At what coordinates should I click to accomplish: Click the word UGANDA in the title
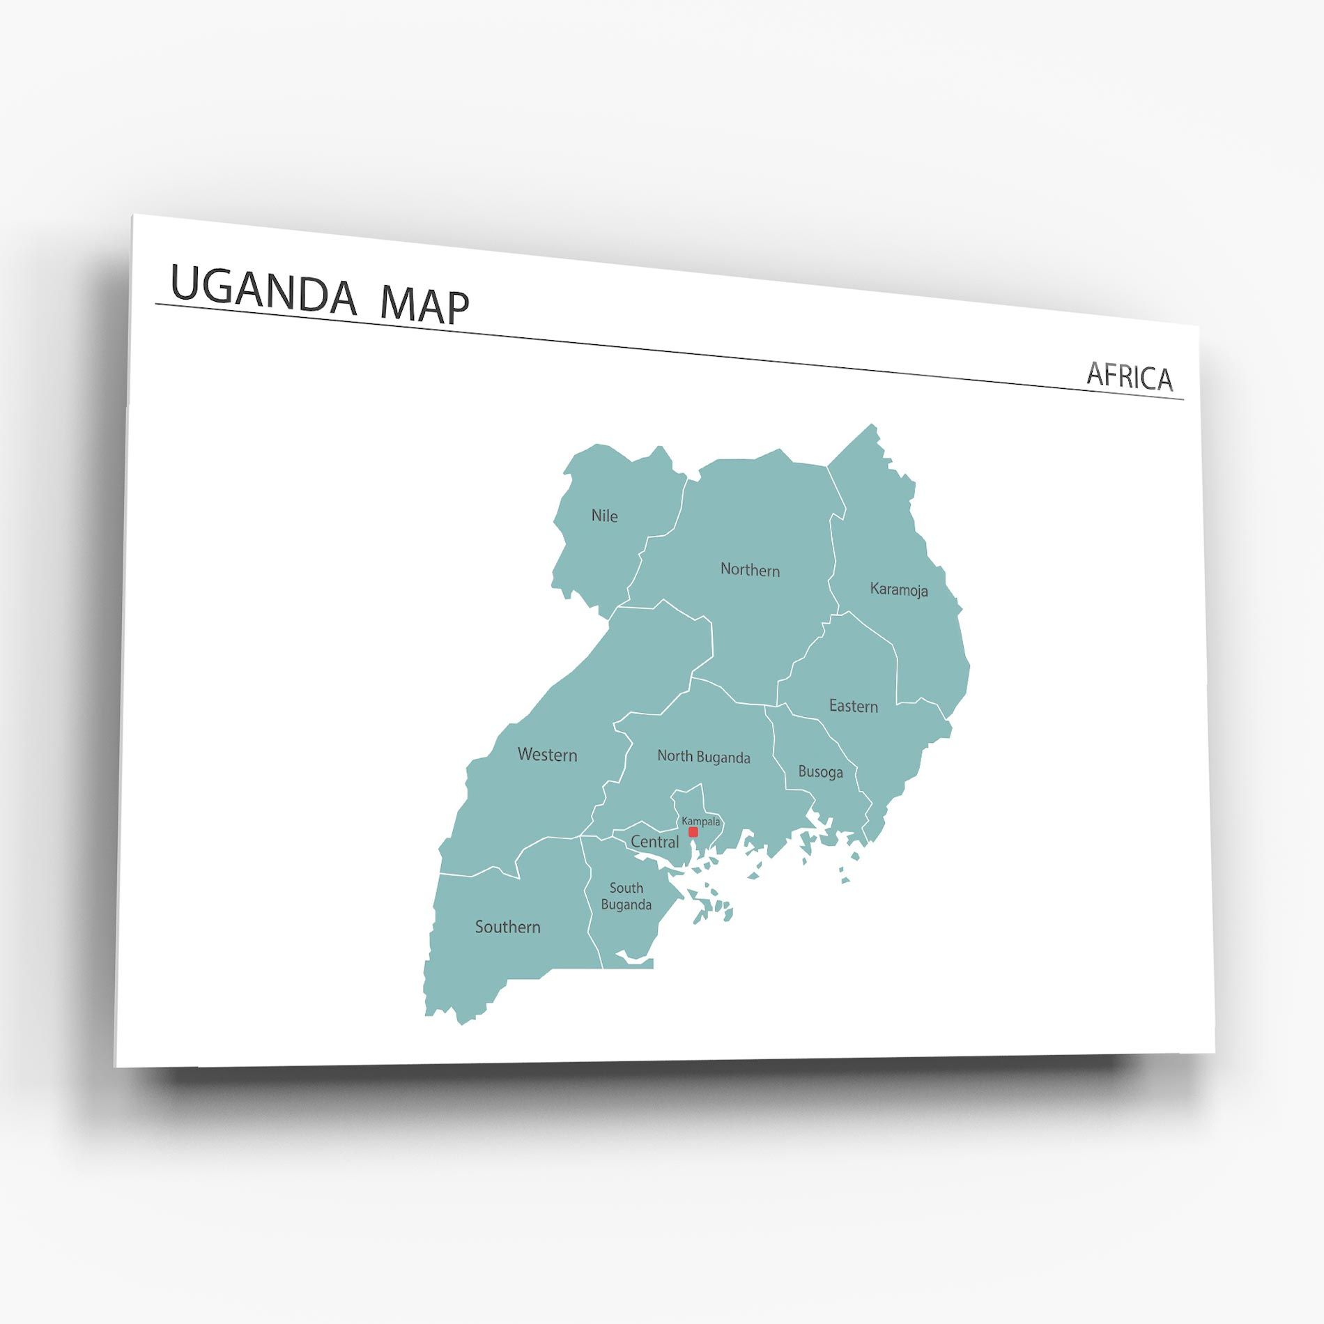click(263, 289)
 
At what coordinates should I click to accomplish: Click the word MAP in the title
click(424, 306)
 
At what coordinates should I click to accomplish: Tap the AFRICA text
click(1130, 376)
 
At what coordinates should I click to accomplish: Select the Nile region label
click(604, 516)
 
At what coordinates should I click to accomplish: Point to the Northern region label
click(750, 570)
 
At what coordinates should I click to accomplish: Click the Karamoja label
click(899, 590)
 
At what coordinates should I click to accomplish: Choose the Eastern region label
click(853, 706)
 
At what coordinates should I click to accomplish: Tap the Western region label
click(547, 755)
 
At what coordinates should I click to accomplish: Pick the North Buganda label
click(704, 757)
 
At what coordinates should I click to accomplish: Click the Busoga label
click(820, 772)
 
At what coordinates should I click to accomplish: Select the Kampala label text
click(700, 822)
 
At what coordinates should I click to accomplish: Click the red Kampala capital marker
click(693, 832)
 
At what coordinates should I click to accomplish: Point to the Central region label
click(654, 842)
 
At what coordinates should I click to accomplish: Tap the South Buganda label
click(626, 896)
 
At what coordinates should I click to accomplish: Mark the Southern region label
click(507, 927)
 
